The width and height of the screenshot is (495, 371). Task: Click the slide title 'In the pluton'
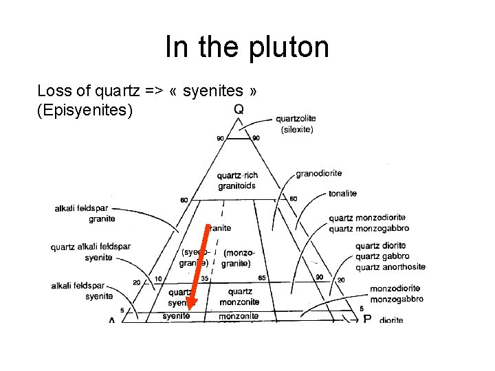[x=247, y=47]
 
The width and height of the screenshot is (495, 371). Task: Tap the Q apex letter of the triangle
[x=239, y=109]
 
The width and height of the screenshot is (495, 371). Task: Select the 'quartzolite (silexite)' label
[x=297, y=124]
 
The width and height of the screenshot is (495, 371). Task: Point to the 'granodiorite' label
[x=318, y=173]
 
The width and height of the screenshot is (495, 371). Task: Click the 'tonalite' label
[x=342, y=194]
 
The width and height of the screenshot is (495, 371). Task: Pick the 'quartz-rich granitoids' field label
[x=237, y=180]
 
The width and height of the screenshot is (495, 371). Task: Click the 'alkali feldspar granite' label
[x=85, y=214]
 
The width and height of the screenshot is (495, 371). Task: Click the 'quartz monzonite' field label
[x=240, y=296]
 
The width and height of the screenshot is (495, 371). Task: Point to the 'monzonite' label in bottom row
[x=239, y=316]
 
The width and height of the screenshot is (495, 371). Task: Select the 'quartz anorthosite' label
[x=390, y=267]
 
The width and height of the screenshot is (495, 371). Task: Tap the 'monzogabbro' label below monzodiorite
[x=396, y=299]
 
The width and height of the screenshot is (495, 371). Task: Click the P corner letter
[x=366, y=319]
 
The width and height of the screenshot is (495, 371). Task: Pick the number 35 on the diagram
[x=205, y=279]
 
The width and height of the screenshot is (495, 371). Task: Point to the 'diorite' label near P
[x=391, y=320]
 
